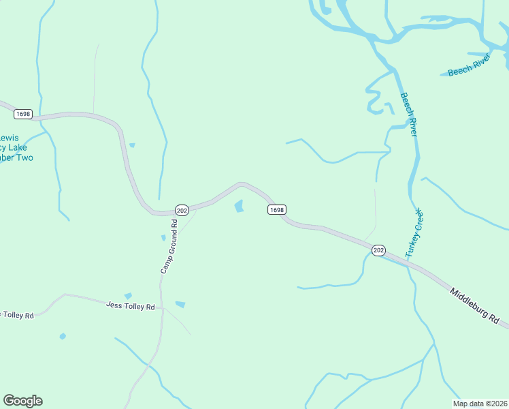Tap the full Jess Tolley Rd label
point(131,306)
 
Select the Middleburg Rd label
point(475,304)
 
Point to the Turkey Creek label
point(414,233)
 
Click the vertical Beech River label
point(408,115)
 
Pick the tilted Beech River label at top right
point(469,65)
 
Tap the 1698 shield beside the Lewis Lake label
point(22,114)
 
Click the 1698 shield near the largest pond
point(276,209)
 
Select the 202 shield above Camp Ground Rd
point(181,210)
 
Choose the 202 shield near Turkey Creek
point(379,251)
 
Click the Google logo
point(22,401)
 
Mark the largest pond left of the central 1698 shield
point(239,205)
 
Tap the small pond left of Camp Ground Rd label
point(163,237)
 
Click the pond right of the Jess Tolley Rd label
point(180,304)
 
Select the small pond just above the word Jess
point(127,295)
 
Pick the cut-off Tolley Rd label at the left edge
point(16,315)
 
